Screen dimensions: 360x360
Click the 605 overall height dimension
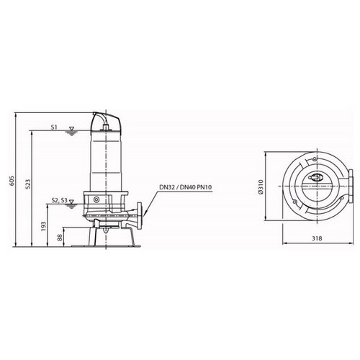(x=12, y=181)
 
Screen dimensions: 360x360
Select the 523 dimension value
(x=28, y=184)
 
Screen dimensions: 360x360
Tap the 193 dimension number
(x=44, y=226)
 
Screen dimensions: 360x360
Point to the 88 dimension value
(x=60, y=238)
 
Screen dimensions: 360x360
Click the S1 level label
(x=54, y=127)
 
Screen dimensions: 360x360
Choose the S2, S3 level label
(x=60, y=200)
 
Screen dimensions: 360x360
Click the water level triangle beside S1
(x=71, y=129)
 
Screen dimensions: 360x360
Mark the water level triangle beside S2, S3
(x=71, y=202)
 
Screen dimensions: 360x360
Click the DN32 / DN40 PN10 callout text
(x=186, y=187)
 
